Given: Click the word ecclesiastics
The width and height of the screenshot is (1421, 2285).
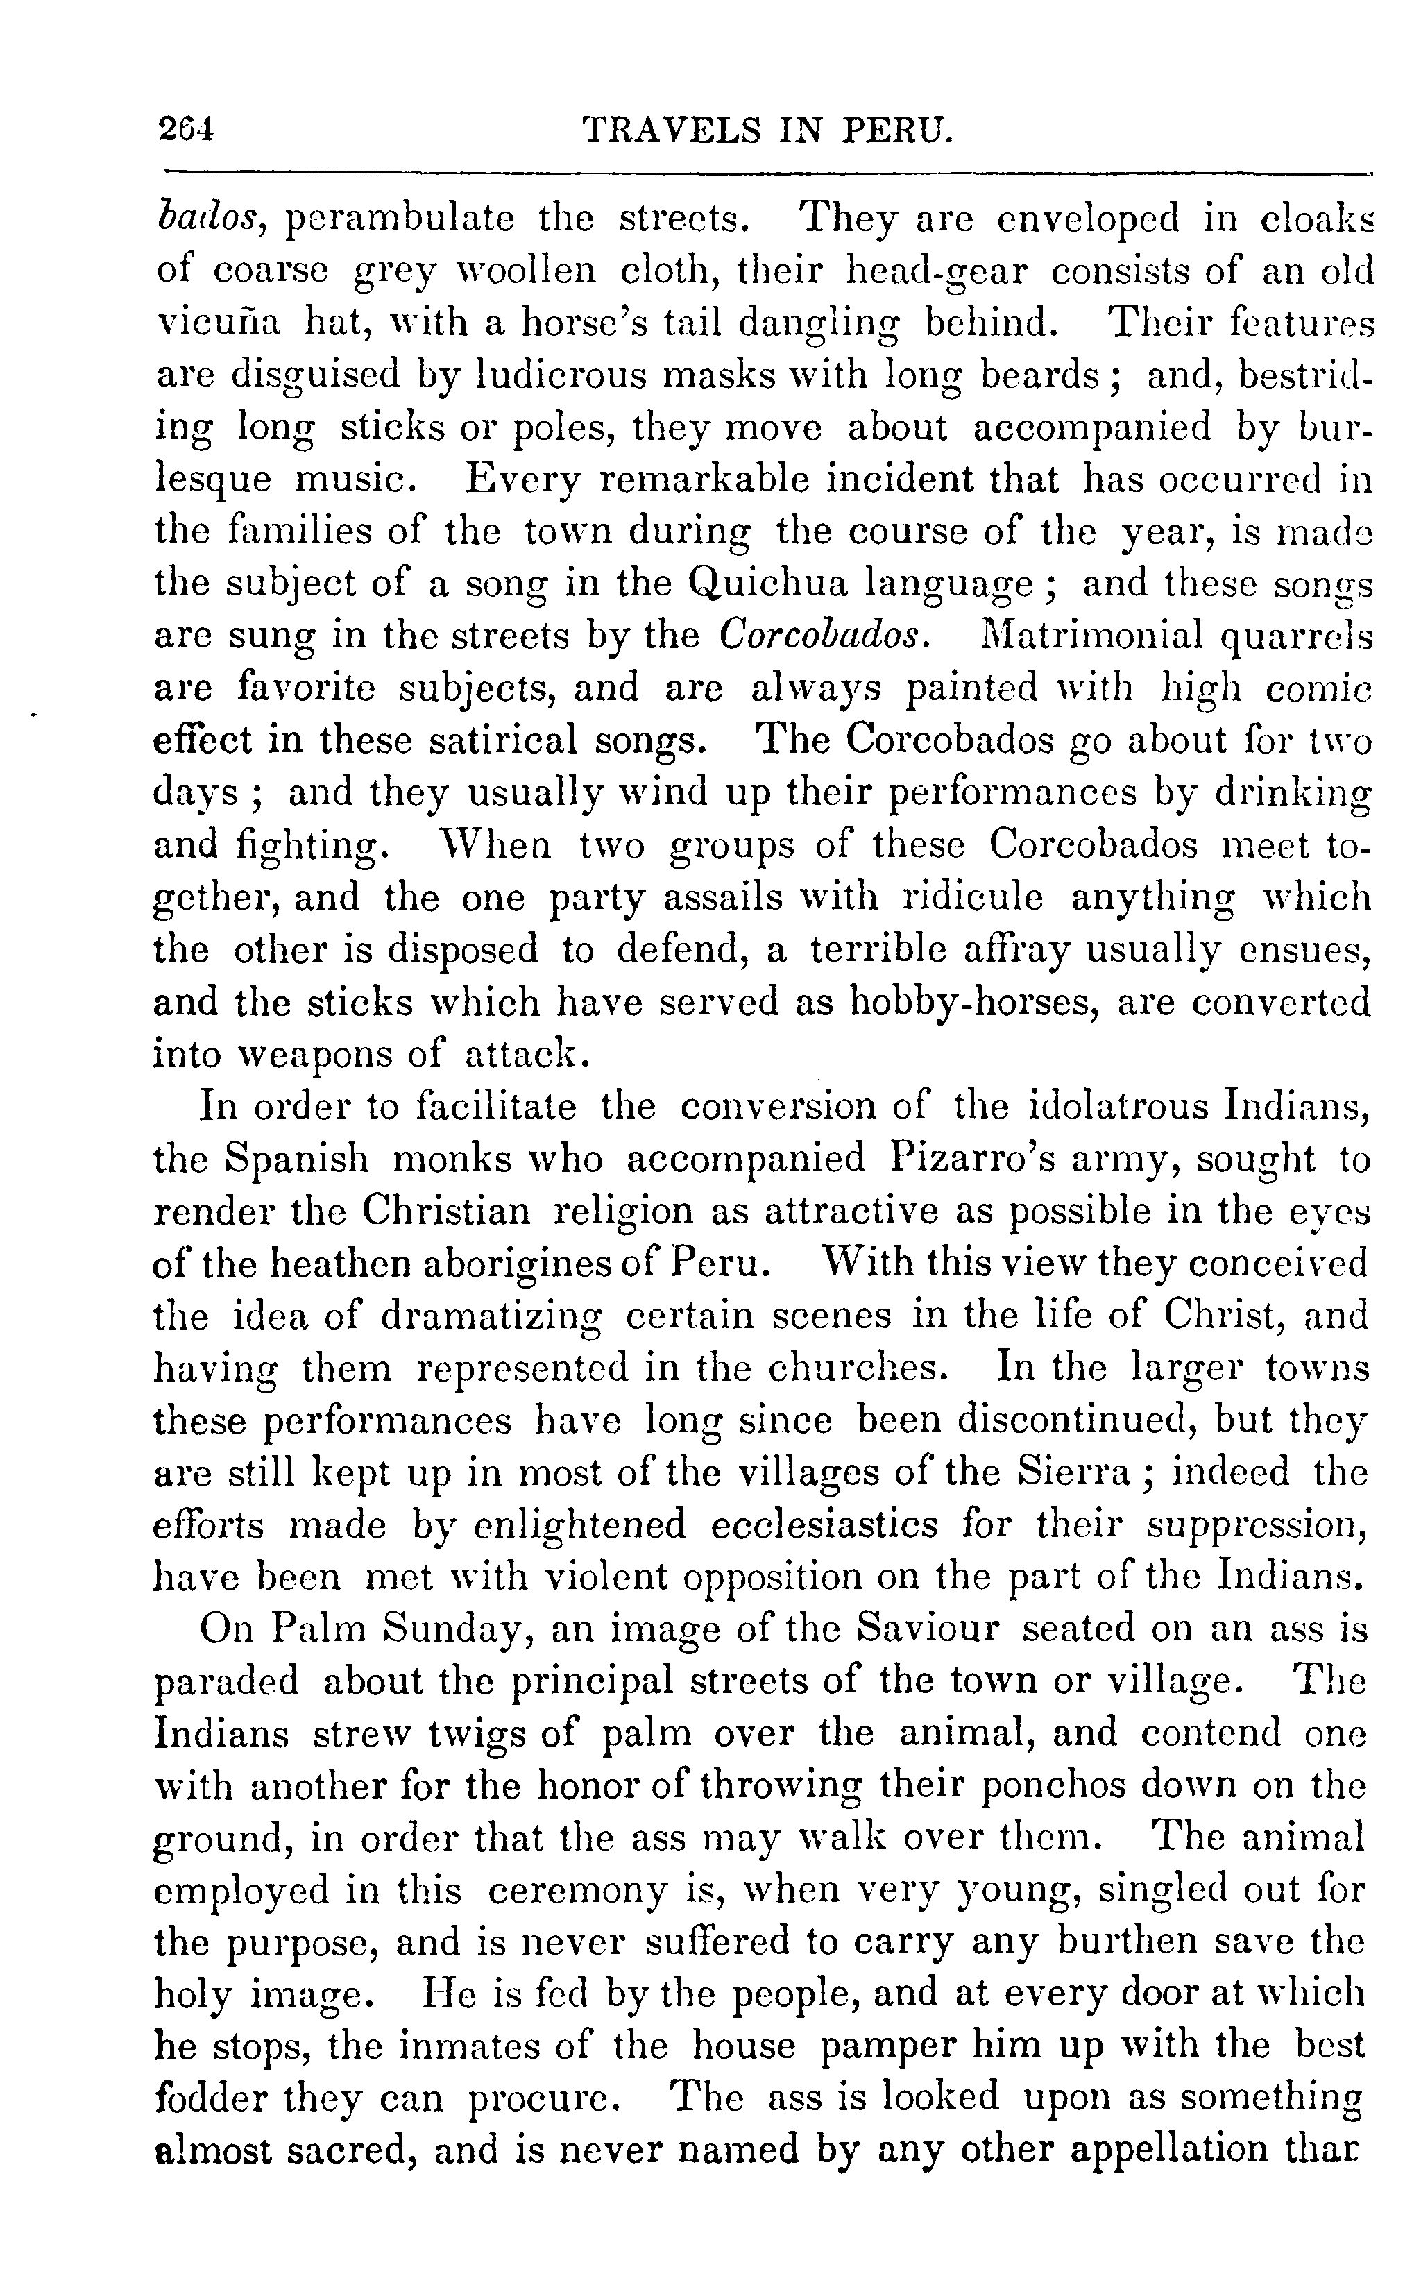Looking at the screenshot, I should (824, 1524).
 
